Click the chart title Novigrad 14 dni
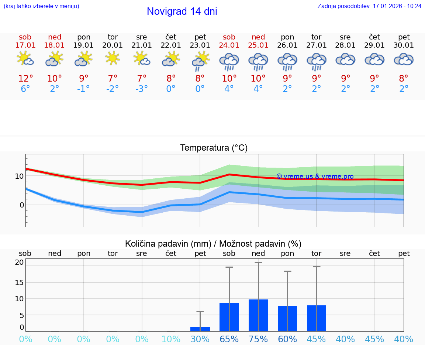(x=182, y=11)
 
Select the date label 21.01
(x=142, y=45)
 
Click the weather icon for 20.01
(x=113, y=58)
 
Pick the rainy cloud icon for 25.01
(x=258, y=61)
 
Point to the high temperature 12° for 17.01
(x=25, y=79)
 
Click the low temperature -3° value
(x=142, y=89)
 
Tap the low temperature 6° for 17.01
(x=25, y=89)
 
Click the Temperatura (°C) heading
(x=214, y=148)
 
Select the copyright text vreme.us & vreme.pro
(x=315, y=176)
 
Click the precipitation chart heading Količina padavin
(x=213, y=244)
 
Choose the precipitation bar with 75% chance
(x=258, y=315)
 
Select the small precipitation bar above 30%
(x=200, y=329)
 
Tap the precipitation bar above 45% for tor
(x=317, y=318)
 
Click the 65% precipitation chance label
(x=229, y=339)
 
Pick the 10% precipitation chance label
(x=171, y=339)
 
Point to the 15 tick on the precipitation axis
(x=20, y=282)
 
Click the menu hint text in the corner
(x=41, y=6)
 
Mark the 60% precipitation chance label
(x=287, y=339)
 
